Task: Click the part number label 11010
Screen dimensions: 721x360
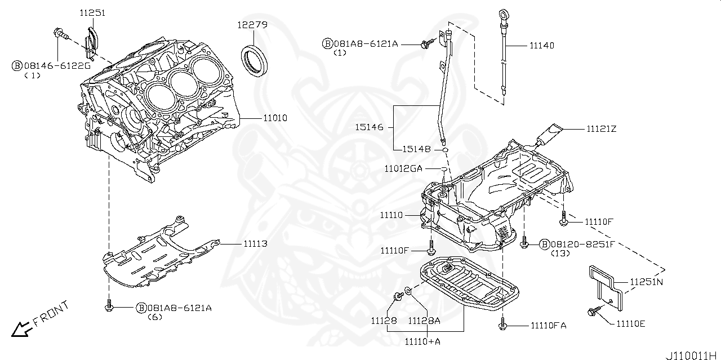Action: pos(275,118)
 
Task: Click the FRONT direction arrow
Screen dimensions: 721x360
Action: pos(22,329)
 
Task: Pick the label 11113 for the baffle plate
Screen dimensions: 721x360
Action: pos(255,244)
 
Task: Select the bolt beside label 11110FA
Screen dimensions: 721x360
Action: pos(502,323)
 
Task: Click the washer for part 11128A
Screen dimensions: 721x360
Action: pos(407,291)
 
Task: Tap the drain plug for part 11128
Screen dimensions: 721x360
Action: pos(399,295)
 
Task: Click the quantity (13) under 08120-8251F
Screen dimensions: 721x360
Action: pos(560,254)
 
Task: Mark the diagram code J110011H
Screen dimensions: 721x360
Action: pos(693,355)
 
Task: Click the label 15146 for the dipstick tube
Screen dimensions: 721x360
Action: pos(369,127)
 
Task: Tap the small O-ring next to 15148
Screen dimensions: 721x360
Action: pos(445,150)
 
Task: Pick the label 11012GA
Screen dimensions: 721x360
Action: pos(403,168)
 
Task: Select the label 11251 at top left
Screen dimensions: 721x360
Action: pos(92,13)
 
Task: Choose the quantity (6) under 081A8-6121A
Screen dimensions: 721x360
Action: pos(155,317)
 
